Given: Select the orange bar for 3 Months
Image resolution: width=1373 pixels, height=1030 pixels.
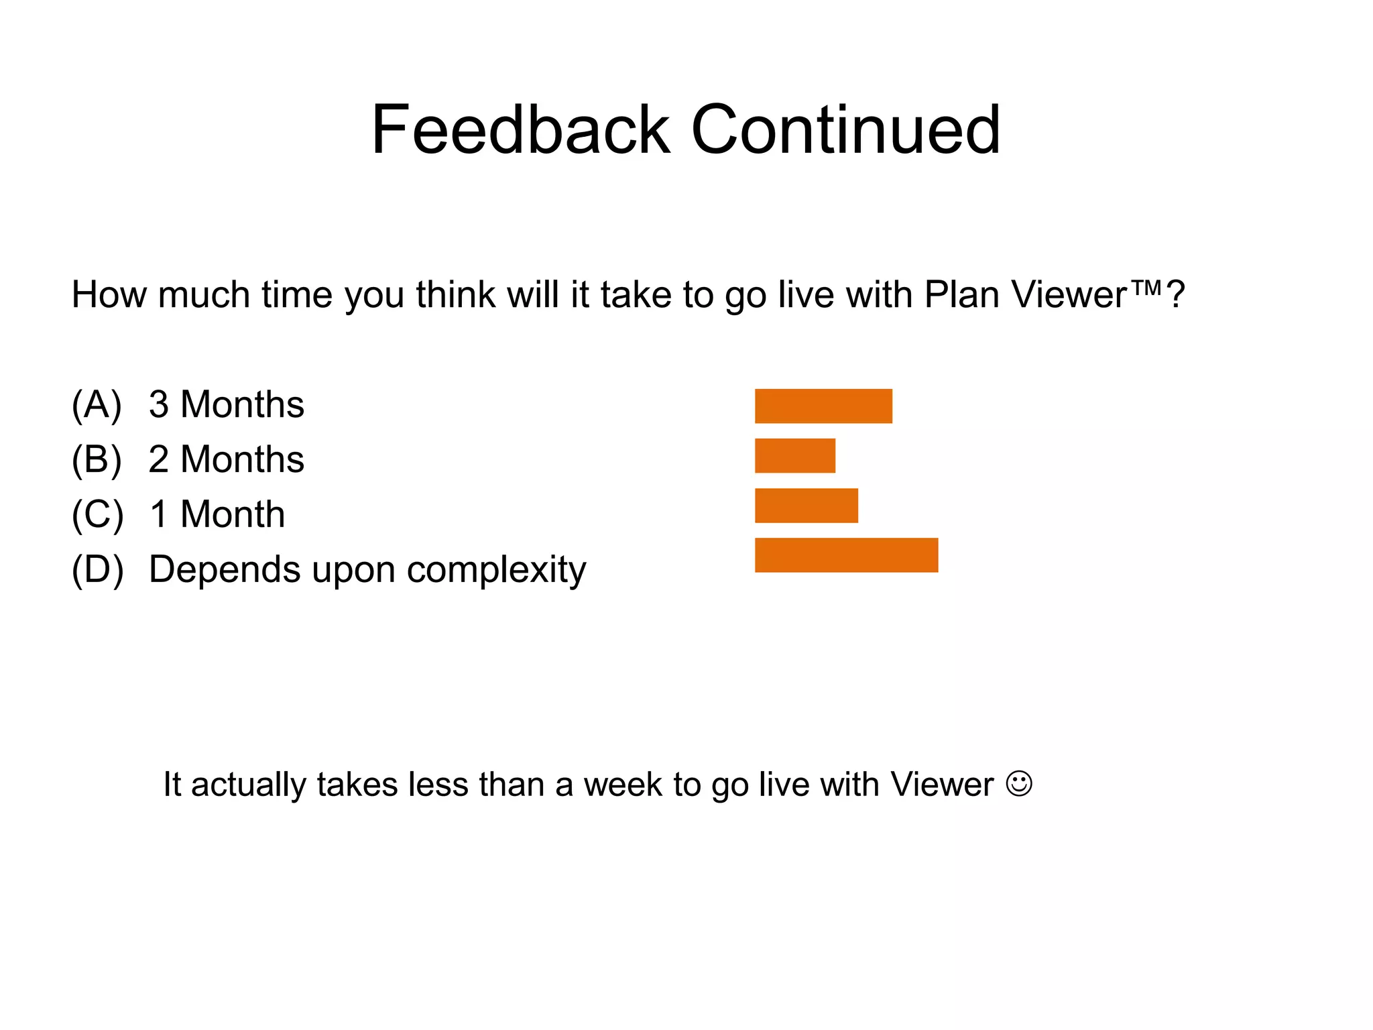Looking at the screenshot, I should click(x=823, y=406).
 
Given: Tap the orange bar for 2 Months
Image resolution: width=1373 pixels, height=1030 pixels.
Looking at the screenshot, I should click(x=795, y=456).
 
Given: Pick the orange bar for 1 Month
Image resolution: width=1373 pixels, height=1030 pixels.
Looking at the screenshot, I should click(x=807, y=506).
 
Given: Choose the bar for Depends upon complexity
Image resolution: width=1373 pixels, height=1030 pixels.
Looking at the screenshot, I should click(x=846, y=555).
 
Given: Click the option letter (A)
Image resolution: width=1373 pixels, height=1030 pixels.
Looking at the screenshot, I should click(x=97, y=405).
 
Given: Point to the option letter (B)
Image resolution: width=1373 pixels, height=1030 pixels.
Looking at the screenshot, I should click(x=97, y=460).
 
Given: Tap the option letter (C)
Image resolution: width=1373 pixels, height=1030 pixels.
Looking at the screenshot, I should click(x=97, y=515).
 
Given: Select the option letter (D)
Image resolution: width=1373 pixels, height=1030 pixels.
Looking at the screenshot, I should click(x=98, y=570).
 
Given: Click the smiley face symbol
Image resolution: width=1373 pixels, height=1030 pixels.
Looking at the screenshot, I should click(x=1019, y=783).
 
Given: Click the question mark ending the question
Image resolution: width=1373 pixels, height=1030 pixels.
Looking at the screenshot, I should click(x=1176, y=295).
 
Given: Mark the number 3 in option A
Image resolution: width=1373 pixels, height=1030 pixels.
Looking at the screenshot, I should click(x=159, y=405).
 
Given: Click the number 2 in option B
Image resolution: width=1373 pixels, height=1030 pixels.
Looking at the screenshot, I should click(x=159, y=460).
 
